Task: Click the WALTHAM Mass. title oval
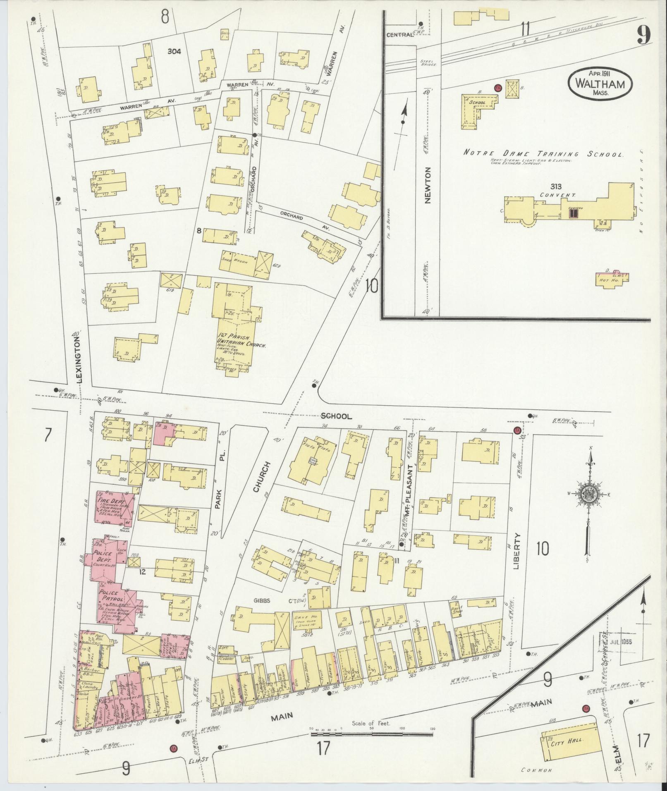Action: click(600, 84)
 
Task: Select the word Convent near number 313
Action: click(553, 194)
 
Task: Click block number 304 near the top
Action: click(175, 52)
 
